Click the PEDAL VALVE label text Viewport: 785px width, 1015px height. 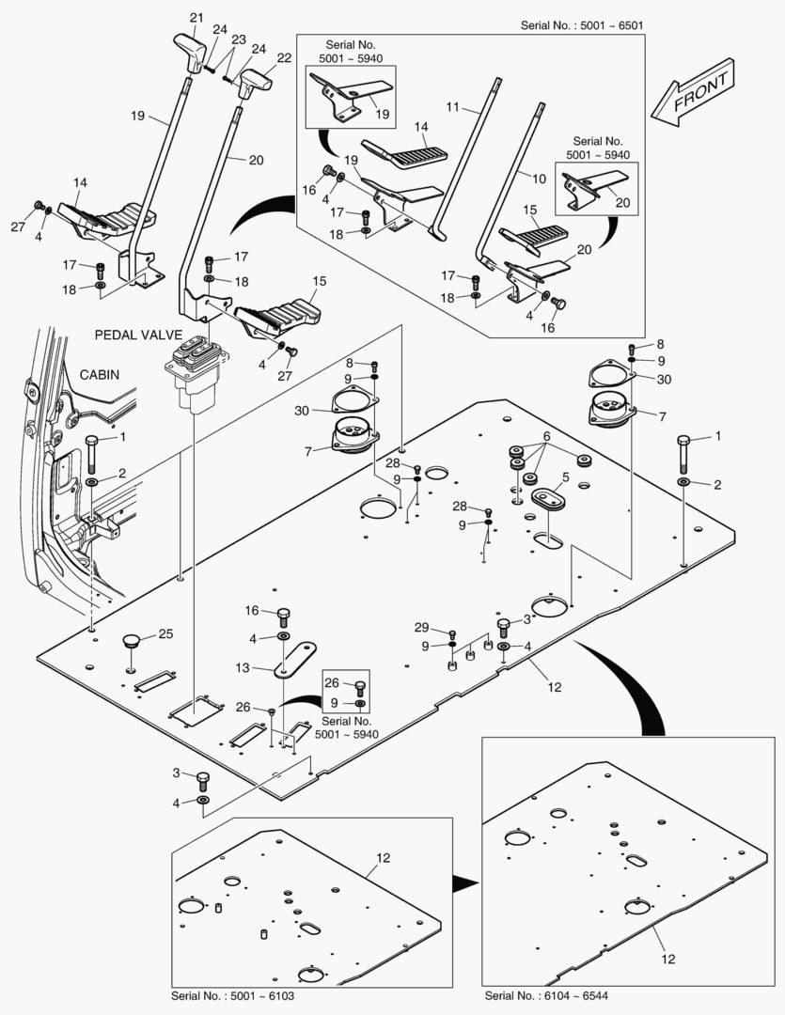click(x=138, y=335)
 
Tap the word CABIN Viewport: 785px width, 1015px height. click(x=100, y=374)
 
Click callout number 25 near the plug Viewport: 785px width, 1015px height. click(x=165, y=633)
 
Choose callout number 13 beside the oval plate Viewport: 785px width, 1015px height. click(x=242, y=667)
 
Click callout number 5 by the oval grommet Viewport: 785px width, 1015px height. click(x=565, y=476)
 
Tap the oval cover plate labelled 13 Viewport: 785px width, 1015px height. click(x=295, y=659)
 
